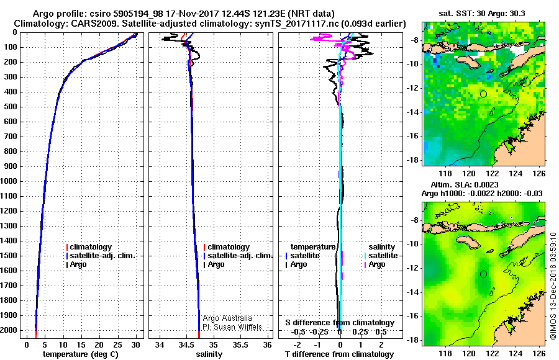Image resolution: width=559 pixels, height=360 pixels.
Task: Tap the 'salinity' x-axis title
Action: coord(209,354)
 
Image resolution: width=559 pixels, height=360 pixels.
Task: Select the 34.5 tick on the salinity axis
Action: coord(186,344)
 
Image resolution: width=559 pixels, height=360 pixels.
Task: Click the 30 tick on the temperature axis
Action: coord(135,344)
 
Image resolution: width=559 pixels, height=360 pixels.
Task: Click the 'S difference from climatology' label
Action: coord(339,323)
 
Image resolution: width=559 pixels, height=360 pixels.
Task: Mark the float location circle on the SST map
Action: coord(483,94)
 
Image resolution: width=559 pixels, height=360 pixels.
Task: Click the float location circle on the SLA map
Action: coord(483,274)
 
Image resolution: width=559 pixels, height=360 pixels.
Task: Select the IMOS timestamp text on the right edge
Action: coord(553,286)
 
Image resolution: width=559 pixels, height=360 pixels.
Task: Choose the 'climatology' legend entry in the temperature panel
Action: coord(91,247)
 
